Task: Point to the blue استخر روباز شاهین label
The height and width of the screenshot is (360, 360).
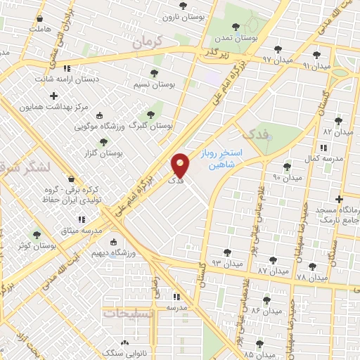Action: pyautogui.click(x=226, y=157)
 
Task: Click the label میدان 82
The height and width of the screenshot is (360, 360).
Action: pyautogui.click(x=337, y=131)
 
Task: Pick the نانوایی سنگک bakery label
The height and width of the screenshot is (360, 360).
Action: pyautogui.click(x=123, y=351)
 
